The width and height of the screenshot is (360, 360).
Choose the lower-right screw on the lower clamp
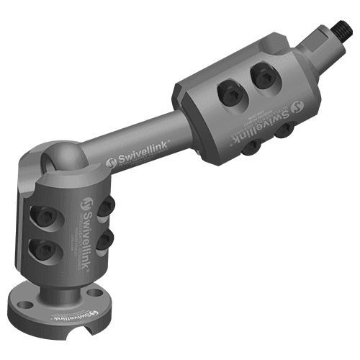tap(106, 238)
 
